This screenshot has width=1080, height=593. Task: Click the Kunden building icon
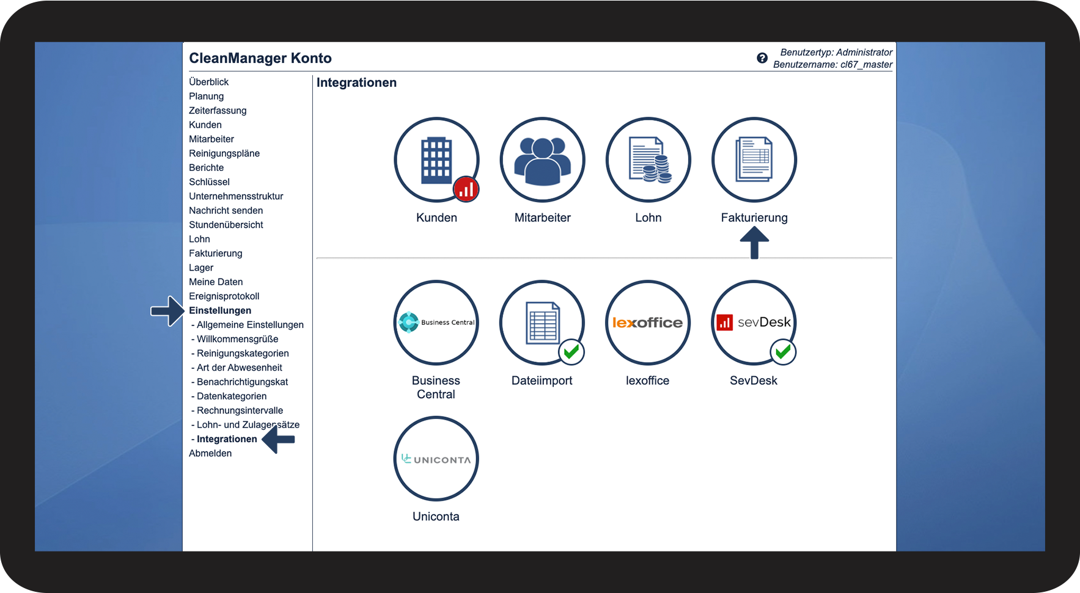(x=436, y=160)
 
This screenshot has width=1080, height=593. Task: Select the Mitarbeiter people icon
(x=543, y=160)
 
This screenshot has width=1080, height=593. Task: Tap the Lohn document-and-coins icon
(x=648, y=160)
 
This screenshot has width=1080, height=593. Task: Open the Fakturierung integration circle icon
(x=754, y=160)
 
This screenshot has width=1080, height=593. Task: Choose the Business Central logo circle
(x=436, y=322)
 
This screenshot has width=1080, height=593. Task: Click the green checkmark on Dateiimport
(x=571, y=352)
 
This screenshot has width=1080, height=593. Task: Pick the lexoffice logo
(x=648, y=322)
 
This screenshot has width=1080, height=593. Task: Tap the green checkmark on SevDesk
(x=783, y=352)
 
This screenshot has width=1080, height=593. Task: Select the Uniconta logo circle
(x=436, y=459)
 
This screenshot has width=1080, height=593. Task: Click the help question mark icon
(x=762, y=58)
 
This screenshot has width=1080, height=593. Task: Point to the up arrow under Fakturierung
(x=755, y=242)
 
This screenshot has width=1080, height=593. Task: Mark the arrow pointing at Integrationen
(x=278, y=439)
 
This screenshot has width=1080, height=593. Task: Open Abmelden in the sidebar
(x=210, y=453)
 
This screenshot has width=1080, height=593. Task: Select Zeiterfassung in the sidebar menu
(x=218, y=111)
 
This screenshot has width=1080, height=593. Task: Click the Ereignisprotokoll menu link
(x=224, y=296)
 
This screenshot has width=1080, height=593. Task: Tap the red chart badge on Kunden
(x=466, y=189)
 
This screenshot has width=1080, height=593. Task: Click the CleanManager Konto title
(x=260, y=58)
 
